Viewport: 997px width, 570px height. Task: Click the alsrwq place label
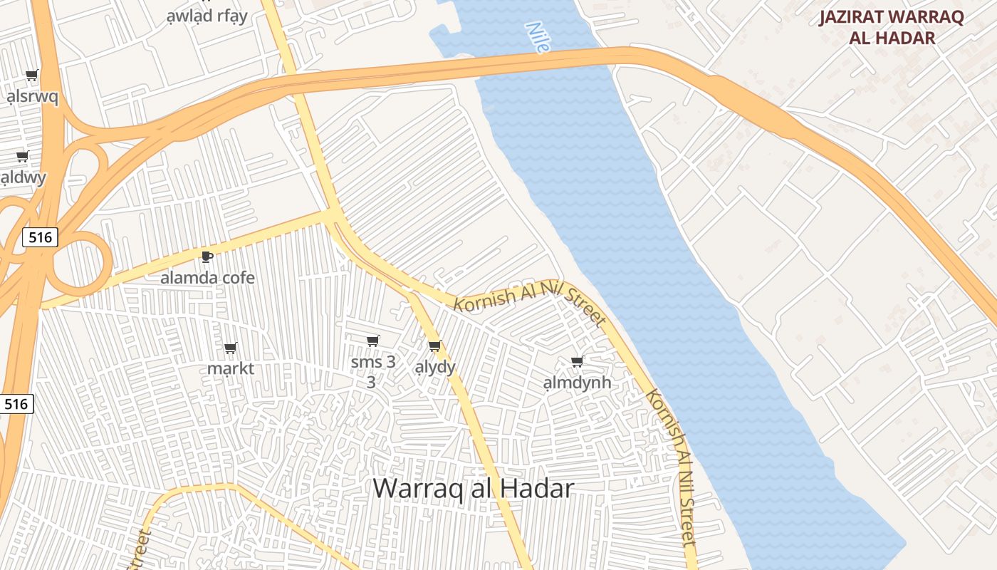pos(32,96)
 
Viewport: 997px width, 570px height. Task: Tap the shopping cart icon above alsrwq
pos(31,75)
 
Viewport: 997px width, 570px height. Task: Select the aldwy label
pos(23,177)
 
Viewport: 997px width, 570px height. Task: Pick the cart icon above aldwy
pos(22,156)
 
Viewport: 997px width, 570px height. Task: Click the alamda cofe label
pos(207,277)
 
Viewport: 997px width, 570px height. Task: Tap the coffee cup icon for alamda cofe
pos(207,256)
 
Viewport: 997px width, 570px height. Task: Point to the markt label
pos(230,368)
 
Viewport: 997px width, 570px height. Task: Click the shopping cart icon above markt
pos(230,348)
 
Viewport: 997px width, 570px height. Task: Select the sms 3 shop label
pos(372,362)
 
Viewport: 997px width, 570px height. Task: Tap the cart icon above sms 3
pos(372,341)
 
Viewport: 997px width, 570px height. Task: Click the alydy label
pos(434,367)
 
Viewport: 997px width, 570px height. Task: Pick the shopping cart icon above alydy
pos(434,346)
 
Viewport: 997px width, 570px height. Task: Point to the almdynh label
pos(577,383)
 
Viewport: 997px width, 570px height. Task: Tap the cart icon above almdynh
pos(577,361)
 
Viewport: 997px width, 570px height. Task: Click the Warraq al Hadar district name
pos(473,488)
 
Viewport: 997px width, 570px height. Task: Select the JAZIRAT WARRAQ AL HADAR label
pos(891,27)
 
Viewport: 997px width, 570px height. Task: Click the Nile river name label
pos(538,37)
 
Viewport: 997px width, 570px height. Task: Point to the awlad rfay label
pos(207,16)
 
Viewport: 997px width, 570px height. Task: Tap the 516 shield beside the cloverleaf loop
pos(40,237)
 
